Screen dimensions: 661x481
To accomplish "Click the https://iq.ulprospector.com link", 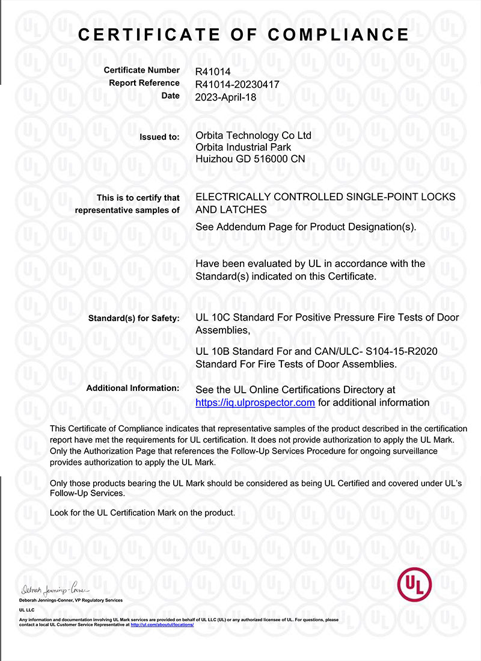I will point(255,402).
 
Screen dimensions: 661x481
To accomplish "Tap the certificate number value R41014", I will point(213,71).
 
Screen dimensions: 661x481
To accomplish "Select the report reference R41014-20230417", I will point(237,84).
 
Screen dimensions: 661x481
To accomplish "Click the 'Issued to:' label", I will point(159,137).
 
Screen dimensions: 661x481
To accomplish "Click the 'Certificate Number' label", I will point(141,70).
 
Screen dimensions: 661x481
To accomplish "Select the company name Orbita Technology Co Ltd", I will point(253,136).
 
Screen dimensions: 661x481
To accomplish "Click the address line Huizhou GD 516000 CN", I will point(250,159).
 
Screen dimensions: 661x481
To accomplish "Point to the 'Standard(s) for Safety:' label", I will point(133,318).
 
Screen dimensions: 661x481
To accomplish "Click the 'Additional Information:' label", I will point(132,389).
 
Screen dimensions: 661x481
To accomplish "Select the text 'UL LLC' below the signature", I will point(27,610).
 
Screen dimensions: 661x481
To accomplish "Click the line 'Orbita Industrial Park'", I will point(244,147).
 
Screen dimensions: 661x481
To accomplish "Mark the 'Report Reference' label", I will point(144,83).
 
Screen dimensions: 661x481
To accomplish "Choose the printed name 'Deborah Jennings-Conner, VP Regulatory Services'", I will point(71,600).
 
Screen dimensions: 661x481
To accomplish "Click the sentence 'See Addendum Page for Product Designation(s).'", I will point(305,227).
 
